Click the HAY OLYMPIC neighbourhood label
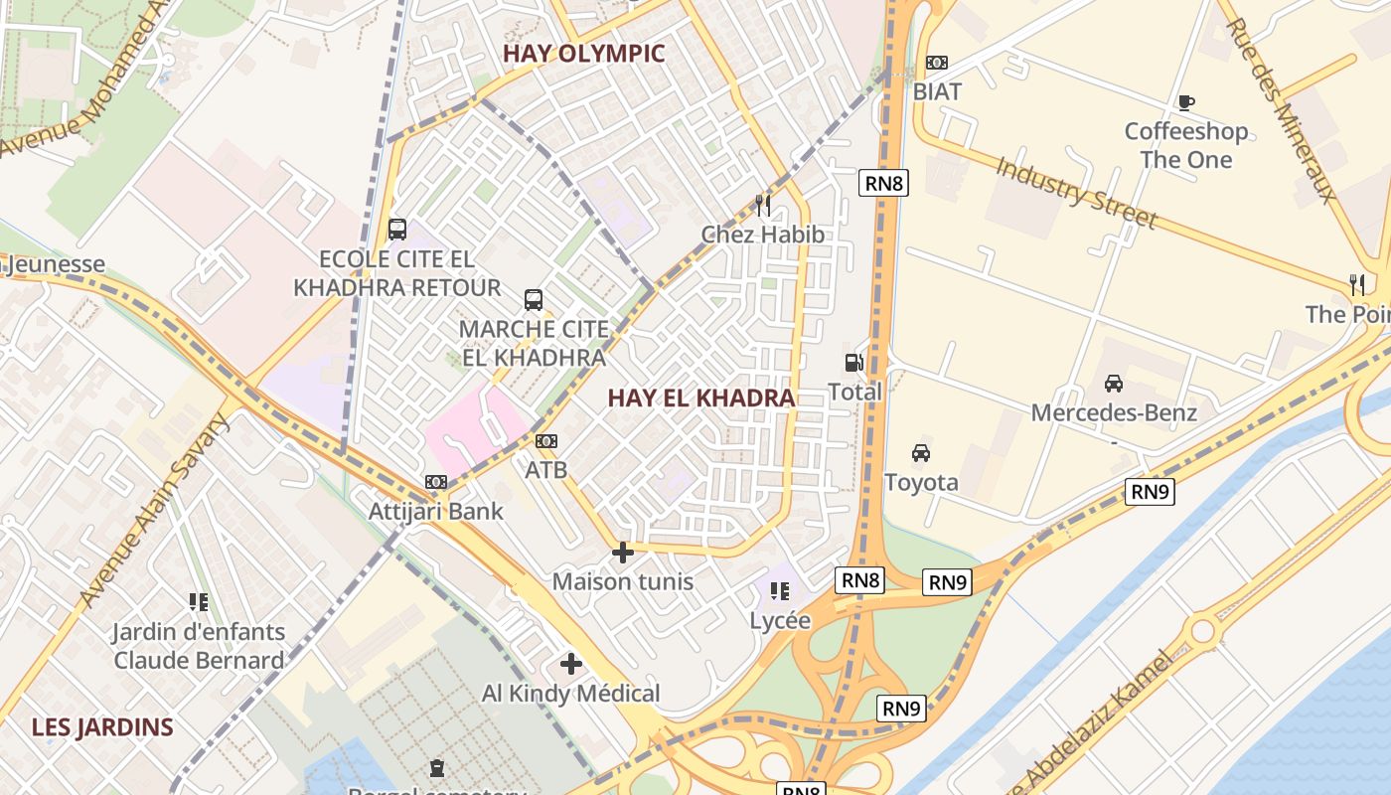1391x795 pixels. coord(583,54)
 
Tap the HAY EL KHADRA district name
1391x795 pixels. coord(700,398)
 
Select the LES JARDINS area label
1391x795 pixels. coord(102,727)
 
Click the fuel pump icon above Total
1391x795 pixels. coord(853,363)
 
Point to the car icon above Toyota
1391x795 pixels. coord(921,453)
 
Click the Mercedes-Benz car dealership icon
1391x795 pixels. coord(1114,384)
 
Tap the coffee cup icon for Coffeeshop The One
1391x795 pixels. coord(1185,101)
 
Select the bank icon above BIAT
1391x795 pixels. coord(936,63)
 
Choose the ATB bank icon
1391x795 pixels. coord(546,441)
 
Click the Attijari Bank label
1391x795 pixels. coord(436,512)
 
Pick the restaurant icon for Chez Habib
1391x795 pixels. coord(763,206)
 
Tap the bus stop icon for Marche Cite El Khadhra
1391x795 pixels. coord(534,299)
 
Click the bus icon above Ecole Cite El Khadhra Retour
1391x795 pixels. coord(397,230)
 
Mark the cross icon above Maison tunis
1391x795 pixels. coord(623,553)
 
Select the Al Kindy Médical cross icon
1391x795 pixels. coord(571,664)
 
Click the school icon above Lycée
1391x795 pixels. coord(780,592)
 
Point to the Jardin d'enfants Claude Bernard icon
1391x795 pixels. coord(199,602)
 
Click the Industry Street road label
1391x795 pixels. coord(1076,193)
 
